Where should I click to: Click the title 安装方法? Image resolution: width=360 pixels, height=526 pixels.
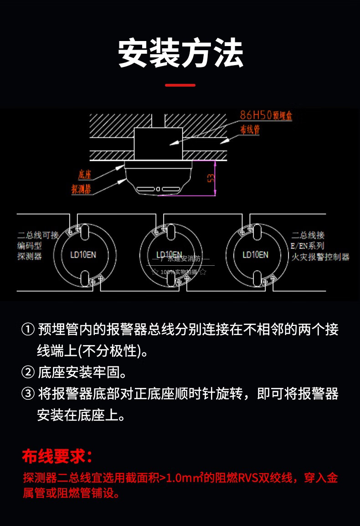tap(180, 54)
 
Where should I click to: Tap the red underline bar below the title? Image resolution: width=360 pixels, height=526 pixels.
tap(180, 85)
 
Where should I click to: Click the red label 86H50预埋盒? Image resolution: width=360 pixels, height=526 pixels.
tap(266, 116)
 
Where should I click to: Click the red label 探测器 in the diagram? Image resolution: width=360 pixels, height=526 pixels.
tap(81, 189)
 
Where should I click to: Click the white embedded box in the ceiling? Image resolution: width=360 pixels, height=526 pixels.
tap(158, 143)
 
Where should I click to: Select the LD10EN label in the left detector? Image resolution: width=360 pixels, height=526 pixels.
tap(82, 254)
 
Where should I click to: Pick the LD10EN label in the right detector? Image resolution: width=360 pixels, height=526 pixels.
tap(255, 254)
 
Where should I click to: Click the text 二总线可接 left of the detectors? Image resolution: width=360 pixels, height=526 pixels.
tap(38, 236)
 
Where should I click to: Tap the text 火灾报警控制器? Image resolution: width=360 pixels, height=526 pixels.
tap(320, 257)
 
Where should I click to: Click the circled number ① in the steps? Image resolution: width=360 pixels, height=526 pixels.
tap(28, 329)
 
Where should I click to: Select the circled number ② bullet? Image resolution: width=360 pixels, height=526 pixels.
tap(28, 373)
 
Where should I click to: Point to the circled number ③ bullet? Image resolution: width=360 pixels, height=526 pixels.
tap(28, 394)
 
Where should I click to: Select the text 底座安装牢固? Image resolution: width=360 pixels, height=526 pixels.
tap(82, 373)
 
